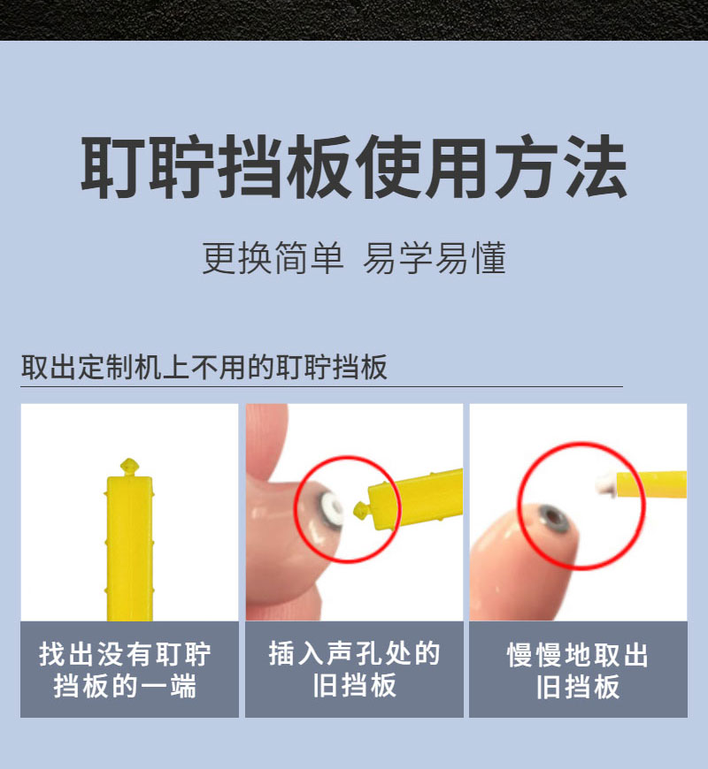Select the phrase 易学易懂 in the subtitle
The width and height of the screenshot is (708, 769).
pos(435,259)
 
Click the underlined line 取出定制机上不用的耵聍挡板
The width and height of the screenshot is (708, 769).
pos(204,367)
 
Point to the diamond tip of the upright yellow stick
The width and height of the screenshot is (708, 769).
pos(129,465)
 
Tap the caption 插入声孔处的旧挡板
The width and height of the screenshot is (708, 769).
pos(354,669)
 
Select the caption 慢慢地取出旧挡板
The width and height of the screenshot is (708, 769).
pos(578,670)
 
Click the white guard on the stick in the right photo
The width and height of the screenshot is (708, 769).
pos(605,483)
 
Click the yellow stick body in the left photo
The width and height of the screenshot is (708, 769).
pos(129,548)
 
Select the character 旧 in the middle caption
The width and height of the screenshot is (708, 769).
pos(324,685)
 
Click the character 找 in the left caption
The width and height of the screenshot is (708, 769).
pos(54,655)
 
